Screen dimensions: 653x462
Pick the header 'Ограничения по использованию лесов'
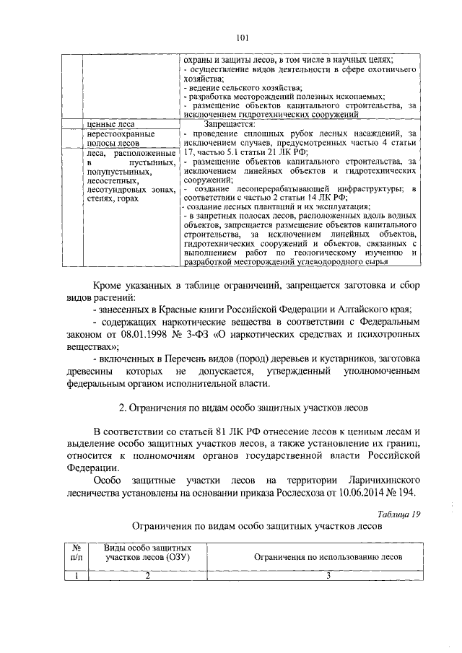point(327,557)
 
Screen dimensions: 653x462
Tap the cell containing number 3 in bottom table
point(327,574)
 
